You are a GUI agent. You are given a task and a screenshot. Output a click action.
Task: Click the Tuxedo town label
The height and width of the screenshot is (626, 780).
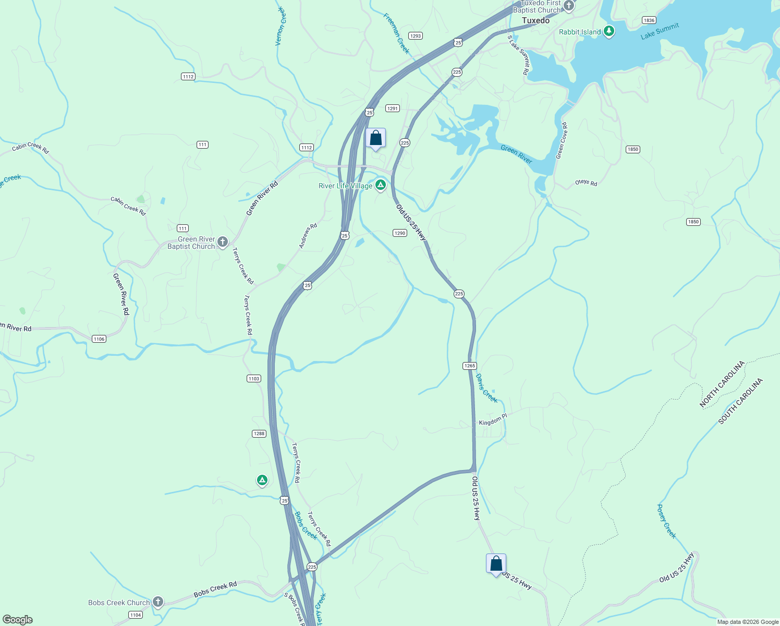(535, 20)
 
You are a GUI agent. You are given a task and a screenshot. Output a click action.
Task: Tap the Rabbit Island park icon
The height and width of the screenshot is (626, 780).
(608, 31)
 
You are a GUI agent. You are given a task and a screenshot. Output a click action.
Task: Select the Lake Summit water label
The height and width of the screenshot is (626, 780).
(660, 31)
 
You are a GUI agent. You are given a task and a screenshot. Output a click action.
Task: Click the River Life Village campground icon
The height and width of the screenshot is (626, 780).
(381, 185)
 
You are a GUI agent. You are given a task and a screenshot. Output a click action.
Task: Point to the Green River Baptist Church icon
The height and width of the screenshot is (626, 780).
(223, 242)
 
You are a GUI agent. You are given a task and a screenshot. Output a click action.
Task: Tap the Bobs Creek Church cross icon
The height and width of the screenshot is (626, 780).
(157, 601)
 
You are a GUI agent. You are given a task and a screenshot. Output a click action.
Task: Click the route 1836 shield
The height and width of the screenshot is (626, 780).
(649, 20)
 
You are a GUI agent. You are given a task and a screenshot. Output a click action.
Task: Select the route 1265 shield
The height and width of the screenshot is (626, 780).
(469, 366)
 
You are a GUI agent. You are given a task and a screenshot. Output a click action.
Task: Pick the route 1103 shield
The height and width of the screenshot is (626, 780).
(254, 378)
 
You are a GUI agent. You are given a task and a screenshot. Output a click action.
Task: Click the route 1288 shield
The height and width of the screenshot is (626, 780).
(259, 434)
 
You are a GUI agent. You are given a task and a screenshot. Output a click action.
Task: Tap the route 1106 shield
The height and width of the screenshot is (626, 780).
(99, 339)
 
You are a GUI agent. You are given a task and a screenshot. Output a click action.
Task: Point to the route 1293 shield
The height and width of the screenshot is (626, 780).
(416, 36)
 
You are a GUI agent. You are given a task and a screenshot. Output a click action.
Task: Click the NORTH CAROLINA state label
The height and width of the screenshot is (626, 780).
(722, 384)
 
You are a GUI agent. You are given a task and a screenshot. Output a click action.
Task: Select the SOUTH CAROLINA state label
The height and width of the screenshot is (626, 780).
(740, 401)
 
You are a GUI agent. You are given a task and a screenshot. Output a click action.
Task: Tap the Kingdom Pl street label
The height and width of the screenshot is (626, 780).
(493, 420)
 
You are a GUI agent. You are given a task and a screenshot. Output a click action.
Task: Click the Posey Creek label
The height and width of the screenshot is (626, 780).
(666, 521)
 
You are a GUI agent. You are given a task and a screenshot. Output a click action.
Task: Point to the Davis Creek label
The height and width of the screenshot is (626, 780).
(486, 388)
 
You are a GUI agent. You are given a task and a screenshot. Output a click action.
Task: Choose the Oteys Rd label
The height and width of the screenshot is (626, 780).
(586, 183)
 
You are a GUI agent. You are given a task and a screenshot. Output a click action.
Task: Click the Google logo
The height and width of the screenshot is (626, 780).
(18, 620)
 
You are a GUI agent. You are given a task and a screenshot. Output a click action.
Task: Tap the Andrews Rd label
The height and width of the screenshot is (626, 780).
(308, 236)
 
